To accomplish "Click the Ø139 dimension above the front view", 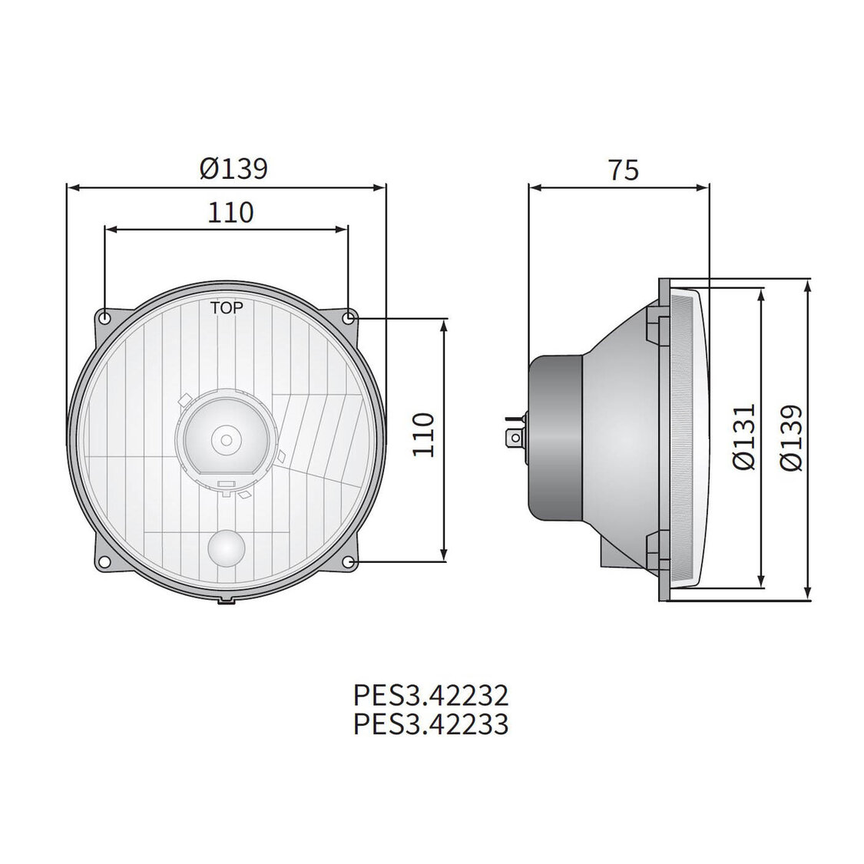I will pos(233,168).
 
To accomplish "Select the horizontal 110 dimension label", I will pos(230,211).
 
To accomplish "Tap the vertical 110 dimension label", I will pos(423,434).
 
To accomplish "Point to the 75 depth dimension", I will pos(623,170).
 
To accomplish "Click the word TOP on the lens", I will pos(227,308).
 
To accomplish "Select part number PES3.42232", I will pos(431,696).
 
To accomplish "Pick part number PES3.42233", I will pos(431,723).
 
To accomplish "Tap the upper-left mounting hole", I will pos(105,317).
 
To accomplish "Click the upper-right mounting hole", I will pos(349,317).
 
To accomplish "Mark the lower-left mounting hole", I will pos(105,562).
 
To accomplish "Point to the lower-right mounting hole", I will pos(349,562).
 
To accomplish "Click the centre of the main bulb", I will pos(226,439).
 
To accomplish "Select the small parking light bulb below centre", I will pos(226,548).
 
